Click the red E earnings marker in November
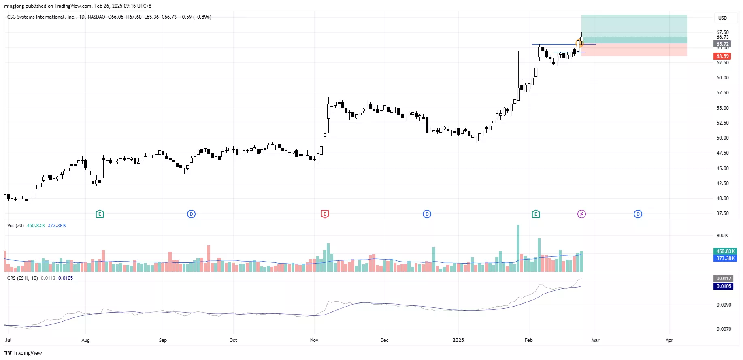[x=324, y=214]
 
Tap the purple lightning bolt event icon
[x=581, y=214]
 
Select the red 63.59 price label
[x=722, y=56]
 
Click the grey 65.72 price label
[x=722, y=44]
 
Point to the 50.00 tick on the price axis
[x=722, y=138]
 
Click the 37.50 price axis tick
[x=722, y=213]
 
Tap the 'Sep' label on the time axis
[x=163, y=340]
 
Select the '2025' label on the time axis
[x=458, y=340]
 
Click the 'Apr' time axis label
[x=669, y=340]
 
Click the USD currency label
[x=722, y=18]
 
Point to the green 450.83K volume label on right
[x=725, y=251]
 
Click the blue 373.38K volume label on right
[x=725, y=258]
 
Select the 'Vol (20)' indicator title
[x=15, y=226]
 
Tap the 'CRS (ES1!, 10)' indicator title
[x=23, y=278]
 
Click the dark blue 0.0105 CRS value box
[x=724, y=286]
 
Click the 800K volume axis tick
[x=722, y=236]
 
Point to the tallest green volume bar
[x=518, y=248]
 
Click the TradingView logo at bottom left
[x=23, y=353]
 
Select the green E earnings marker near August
[x=100, y=214]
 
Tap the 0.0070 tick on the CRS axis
[x=724, y=329]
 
